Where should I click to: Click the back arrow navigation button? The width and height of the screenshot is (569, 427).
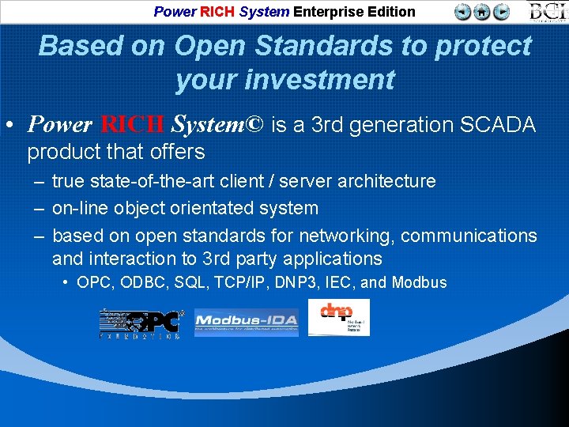click(463, 11)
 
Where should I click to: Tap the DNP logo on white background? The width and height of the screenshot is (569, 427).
click(338, 317)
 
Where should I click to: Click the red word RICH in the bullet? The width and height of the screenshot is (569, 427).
click(133, 125)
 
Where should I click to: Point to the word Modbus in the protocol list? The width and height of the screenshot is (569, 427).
click(419, 282)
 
